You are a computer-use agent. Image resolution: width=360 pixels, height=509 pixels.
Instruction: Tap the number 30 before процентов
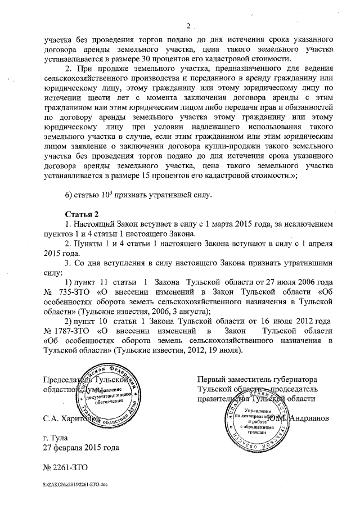176,59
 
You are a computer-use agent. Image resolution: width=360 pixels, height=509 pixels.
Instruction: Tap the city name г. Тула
58,438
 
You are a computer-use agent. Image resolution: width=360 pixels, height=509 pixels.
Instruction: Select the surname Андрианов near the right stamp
310,418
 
